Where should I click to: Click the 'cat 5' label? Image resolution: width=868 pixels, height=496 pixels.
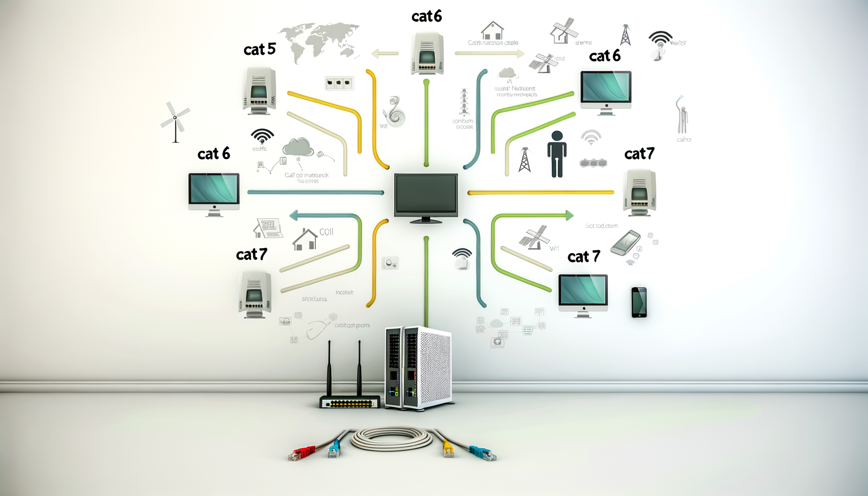click(x=260, y=49)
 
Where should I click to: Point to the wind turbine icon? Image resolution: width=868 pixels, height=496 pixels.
click(x=175, y=121)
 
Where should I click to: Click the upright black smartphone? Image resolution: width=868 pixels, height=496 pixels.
click(x=639, y=302)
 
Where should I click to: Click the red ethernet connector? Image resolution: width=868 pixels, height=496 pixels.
click(x=303, y=453)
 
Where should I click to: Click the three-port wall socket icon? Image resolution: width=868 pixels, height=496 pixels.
click(x=339, y=83)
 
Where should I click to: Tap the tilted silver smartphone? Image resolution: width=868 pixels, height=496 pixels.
click(x=625, y=243)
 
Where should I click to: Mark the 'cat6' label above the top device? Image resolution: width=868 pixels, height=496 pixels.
click(x=426, y=16)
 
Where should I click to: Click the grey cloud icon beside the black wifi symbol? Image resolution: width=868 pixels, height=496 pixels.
click(x=298, y=147)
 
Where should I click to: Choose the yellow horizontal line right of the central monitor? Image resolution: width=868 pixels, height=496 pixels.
click(x=541, y=193)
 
